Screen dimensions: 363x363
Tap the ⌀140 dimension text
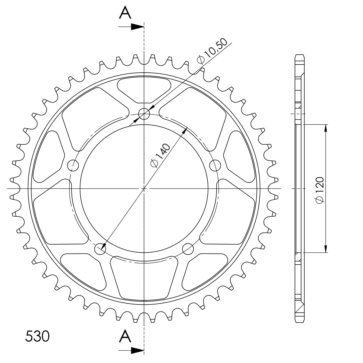tap(160, 155)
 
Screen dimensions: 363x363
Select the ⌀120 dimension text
tap(320, 190)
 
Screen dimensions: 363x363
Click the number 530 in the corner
tap(37, 336)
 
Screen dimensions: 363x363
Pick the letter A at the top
tap(125, 12)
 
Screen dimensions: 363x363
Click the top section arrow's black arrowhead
tap(137, 27)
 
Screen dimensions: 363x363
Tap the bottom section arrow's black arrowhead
tap(137, 350)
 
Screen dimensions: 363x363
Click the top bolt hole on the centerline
tap(144, 114)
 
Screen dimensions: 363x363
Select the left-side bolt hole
tap(73, 165)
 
